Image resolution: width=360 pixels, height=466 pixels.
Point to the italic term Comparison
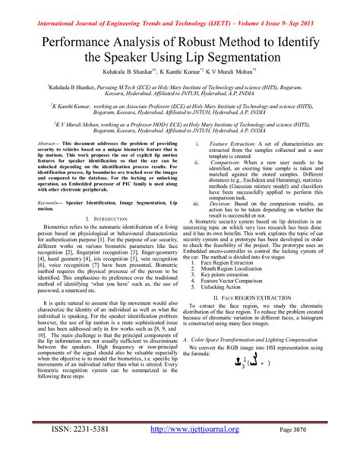point(227,162)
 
